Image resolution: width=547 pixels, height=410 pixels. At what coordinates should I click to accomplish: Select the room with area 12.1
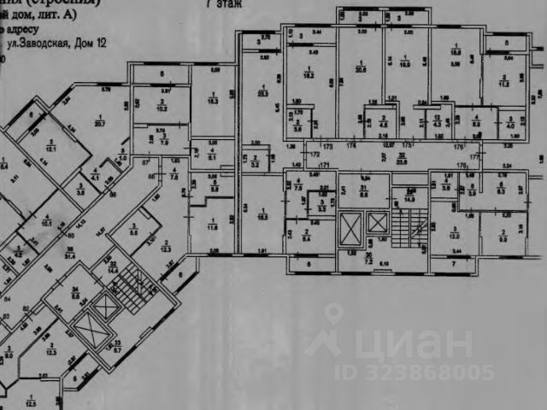(x=50, y=146)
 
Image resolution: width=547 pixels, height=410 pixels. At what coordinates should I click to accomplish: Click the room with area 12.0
(x=456, y=232)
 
